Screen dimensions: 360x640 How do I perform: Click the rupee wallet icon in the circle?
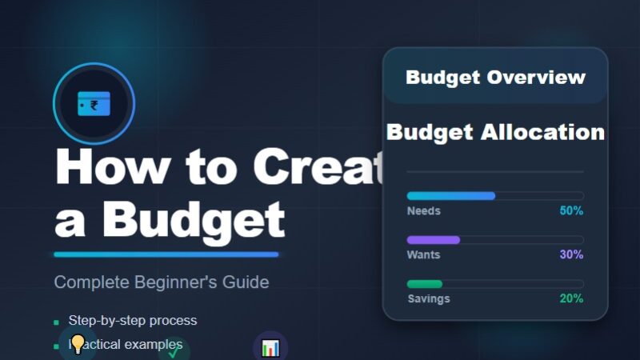(x=94, y=104)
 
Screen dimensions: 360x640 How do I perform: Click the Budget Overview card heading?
(x=495, y=78)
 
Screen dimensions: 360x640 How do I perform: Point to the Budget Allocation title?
(x=495, y=132)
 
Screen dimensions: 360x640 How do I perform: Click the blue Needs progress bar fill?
(x=450, y=196)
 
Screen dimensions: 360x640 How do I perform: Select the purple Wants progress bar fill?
(x=433, y=240)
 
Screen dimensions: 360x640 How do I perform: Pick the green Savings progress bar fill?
(x=424, y=284)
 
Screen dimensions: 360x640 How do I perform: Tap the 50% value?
(x=571, y=211)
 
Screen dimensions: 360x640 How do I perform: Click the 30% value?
(x=571, y=255)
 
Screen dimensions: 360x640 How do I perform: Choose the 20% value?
(x=571, y=298)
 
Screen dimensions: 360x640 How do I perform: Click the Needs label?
(x=423, y=211)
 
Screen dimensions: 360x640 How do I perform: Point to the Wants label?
(x=423, y=255)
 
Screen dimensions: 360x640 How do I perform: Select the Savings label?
(x=428, y=298)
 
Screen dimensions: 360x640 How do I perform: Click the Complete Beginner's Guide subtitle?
(x=162, y=282)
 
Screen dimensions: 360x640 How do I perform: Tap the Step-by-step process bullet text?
(x=132, y=321)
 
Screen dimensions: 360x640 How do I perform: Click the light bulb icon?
(x=78, y=345)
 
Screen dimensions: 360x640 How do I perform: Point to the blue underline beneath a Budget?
(x=166, y=254)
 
